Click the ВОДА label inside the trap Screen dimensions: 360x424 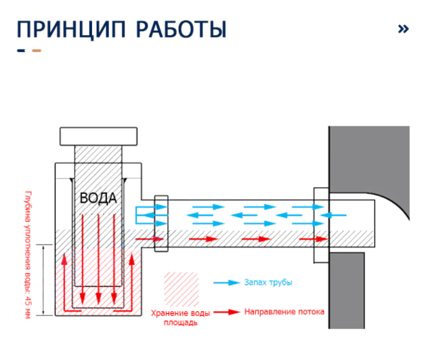(98, 199)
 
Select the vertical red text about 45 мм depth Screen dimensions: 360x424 (28, 254)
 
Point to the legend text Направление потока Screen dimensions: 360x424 (284, 312)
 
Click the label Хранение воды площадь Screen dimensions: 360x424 (180, 317)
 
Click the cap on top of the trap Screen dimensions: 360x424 (100, 136)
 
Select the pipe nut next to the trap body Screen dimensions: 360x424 (161, 224)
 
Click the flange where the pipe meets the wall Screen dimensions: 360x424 (320, 224)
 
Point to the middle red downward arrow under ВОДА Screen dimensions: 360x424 (99, 258)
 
